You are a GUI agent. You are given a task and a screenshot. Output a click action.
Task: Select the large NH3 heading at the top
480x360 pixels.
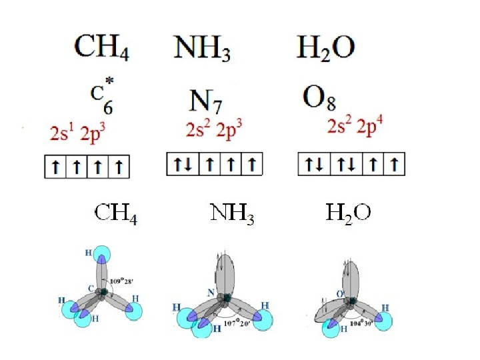pos(203,48)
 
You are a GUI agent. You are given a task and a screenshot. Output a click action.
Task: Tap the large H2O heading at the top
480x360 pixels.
pos(325,48)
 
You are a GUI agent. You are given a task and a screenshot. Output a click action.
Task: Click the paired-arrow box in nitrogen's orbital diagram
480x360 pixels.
pos(179,163)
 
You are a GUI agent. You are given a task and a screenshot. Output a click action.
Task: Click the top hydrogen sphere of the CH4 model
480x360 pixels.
pos(102,253)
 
